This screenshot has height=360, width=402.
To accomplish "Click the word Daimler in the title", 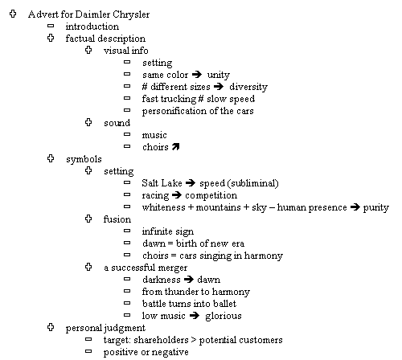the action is coord(92,14).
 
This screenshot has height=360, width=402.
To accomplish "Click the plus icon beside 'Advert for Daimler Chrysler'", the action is coord(13,14).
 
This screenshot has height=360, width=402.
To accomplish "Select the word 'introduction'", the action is coord(92,27).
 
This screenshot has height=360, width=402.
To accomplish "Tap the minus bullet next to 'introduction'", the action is coord(51,26).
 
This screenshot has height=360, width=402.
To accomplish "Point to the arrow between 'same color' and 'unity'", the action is coord(197,74).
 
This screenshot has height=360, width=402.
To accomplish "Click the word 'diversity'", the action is coord(248,87).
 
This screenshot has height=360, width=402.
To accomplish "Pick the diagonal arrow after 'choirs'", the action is coord(175,146).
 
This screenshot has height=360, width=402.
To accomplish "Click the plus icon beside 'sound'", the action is coord(88,122).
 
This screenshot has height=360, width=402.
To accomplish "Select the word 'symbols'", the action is coord(84,159).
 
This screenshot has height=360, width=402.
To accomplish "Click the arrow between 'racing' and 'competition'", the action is coord(177,195).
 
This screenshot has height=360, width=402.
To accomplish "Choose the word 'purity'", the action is coord(375,208).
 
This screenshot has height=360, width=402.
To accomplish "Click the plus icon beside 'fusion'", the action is coord(88,219).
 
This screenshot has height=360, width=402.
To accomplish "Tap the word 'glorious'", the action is coord(224,316).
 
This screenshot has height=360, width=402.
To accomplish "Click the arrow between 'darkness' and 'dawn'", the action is coord(189,280).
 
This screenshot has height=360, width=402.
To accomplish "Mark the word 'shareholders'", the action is coord(161,340).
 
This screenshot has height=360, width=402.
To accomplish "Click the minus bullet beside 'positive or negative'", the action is coord(88,351).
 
